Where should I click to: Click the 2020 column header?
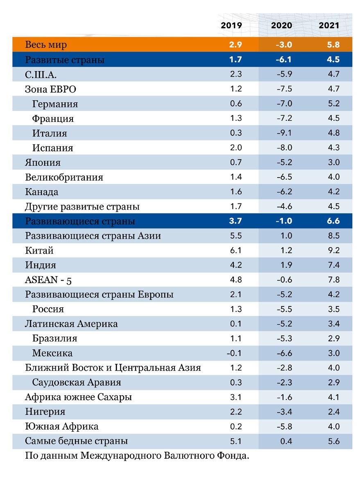281,25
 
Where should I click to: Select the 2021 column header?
329,25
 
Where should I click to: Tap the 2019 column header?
231,25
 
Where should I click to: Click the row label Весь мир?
46,45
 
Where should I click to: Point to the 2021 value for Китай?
334,250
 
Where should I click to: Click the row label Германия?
55,104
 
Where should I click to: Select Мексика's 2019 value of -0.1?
234,353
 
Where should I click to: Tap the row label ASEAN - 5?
50,280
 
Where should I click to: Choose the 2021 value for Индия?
334,265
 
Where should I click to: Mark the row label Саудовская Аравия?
77,383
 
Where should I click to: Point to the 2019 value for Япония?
236,162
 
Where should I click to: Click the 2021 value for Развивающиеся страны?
333,221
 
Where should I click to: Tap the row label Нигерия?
45,412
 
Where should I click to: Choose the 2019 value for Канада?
236,192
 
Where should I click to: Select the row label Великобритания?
64,178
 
